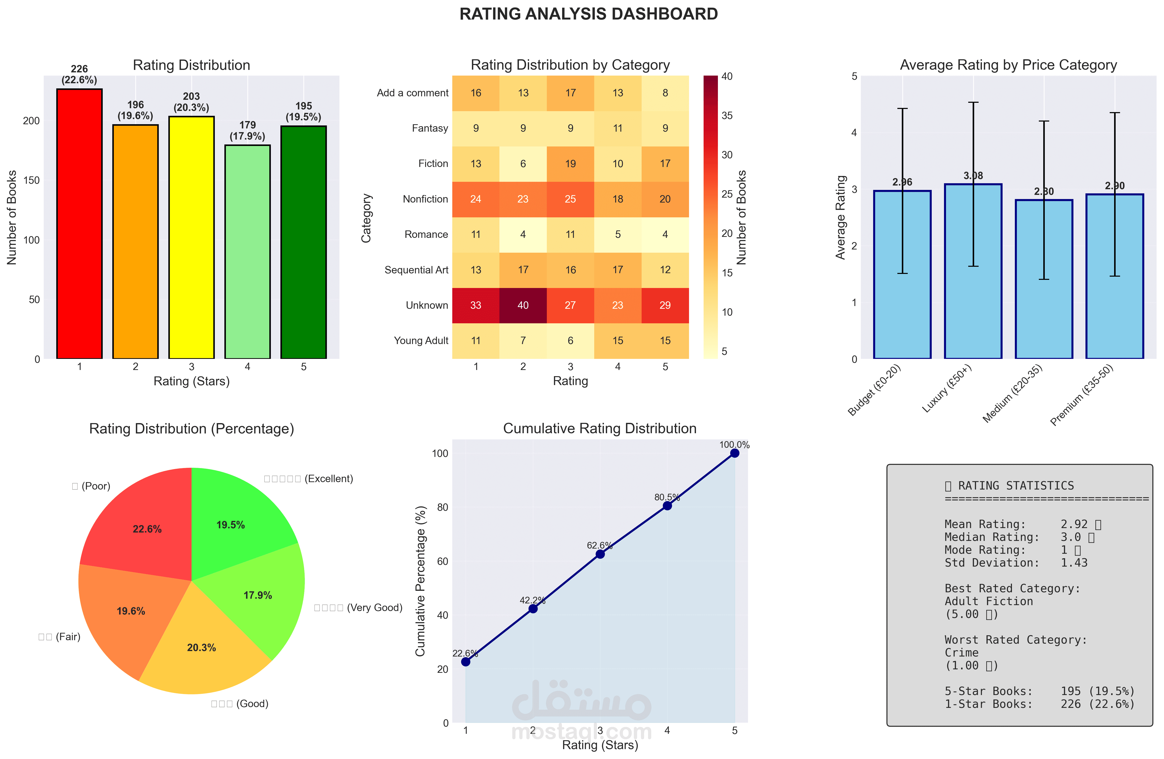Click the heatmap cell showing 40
[x=523, y=305]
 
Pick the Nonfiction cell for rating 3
[x=570, y=199]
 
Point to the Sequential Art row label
[x=416, y=270]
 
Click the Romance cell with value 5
[x=618, y=234]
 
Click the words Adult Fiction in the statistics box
[x=988, y=601]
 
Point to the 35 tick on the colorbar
[x=727, y=116]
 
